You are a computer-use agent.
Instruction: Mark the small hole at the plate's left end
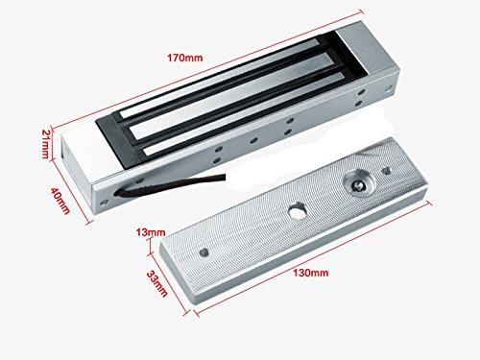[204, 254]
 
